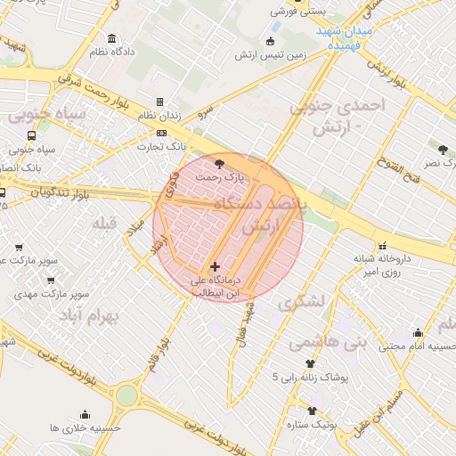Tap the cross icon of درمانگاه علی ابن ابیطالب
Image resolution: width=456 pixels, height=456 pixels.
point(215,266)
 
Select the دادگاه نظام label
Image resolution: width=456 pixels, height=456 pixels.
point(111,52)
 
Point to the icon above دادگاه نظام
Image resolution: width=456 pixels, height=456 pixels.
point(111,39)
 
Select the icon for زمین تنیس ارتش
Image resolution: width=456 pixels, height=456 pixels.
point(271,41)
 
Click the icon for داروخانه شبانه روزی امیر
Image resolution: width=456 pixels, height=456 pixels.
point(382,246)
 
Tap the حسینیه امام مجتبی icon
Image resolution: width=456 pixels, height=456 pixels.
point(419,333)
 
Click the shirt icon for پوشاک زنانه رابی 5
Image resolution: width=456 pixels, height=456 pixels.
point(311,363)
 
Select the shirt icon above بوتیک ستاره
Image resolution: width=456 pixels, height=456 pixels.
point(312,411)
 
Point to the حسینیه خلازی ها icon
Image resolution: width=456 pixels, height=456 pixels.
point(85,414)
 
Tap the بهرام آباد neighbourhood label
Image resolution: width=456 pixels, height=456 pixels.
point(88,317)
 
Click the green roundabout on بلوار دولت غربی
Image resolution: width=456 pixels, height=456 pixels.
point(127,395)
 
